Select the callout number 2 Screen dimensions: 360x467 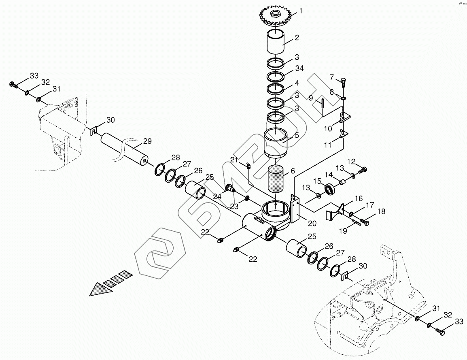[297, 38]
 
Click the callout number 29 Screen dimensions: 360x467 [147, 141]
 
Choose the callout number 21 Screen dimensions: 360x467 [234, 160]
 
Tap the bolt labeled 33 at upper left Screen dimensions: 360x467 [13, 85]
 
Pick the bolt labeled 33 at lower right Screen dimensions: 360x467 [440, 332]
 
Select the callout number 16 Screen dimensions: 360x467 [359, 198]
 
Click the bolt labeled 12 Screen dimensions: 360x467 [363, 170]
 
